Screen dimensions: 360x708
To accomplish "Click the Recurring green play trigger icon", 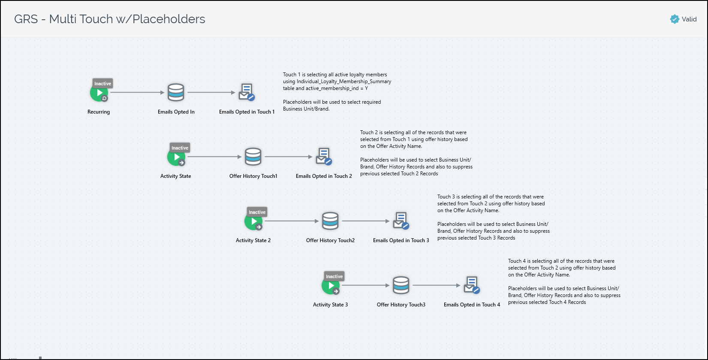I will click(x=99, y=93).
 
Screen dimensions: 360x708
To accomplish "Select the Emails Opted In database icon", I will click(x=176, y=93).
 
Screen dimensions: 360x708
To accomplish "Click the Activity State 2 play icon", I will click(x=253, y=222).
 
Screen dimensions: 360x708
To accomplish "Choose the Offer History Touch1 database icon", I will click(x=253, y=157).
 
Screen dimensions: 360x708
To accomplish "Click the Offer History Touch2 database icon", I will click(x=330, y=221).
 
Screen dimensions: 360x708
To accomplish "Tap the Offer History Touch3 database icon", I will click(x=401, y=285).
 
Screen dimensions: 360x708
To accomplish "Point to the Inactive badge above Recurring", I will click(x=102, y=84).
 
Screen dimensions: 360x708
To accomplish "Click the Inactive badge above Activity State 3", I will click(x=334, y=276).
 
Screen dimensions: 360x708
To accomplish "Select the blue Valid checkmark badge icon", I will click(x=675, y=19).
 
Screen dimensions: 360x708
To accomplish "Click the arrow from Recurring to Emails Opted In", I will click(x=137, y=93).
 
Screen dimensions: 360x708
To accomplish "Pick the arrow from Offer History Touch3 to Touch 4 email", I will click(x=436, y=285).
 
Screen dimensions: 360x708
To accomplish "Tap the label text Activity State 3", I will click(x=330, y=305).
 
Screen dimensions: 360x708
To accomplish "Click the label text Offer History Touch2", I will click(x=330, y=240).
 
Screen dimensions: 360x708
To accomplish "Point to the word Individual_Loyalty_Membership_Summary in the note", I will click(x=344, y=81).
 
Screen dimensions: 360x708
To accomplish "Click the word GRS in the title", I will click(x=26, y=19).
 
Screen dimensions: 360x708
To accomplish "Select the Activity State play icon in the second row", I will click(x=176, y=157).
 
